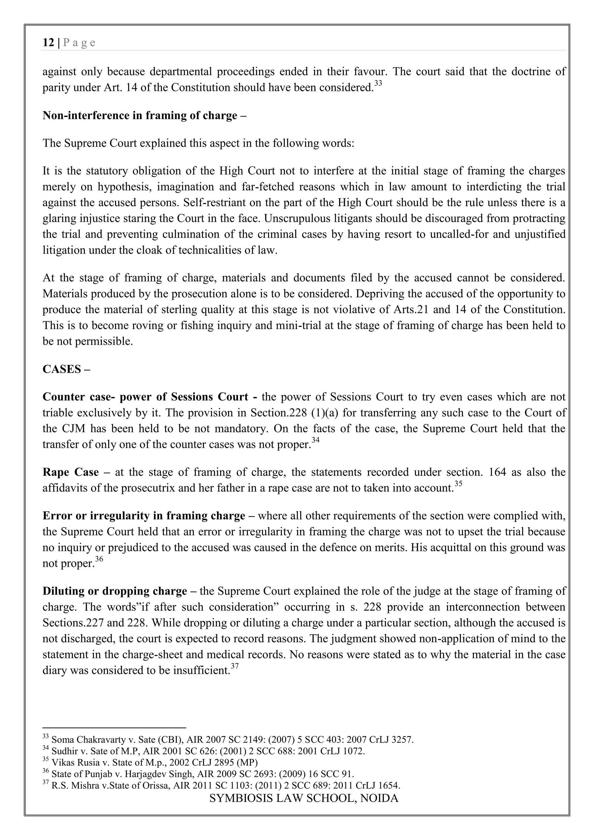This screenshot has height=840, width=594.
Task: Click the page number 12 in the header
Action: pos(48,43)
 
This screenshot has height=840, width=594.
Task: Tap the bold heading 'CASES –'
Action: pos(66,369)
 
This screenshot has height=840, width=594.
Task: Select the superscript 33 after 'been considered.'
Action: pos(378,84)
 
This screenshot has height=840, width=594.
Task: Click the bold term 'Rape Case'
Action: pos(70,472)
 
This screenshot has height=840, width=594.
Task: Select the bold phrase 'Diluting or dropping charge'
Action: pos(115,591)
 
